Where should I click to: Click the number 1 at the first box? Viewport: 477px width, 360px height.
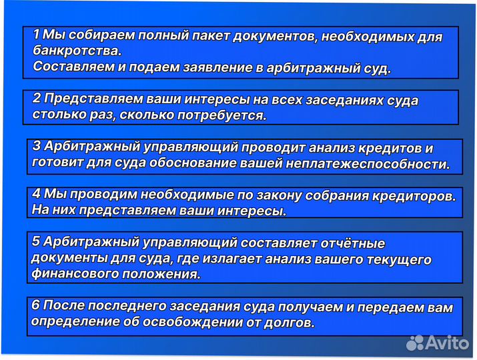pyautogui.click(x=36, y=34)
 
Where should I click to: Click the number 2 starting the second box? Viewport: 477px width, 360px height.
pyautogui.click(x=37, y=98)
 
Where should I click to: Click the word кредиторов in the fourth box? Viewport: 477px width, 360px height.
pyautogui.click(x=415, y=196)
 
